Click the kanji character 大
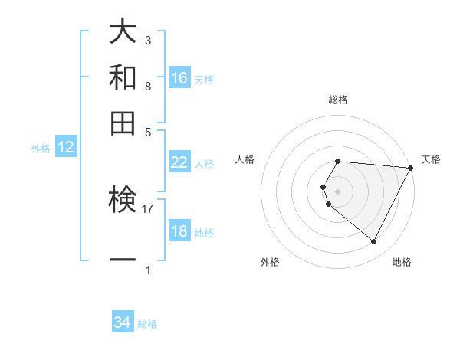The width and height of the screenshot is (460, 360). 123,32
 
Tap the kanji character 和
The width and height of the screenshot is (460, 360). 123,77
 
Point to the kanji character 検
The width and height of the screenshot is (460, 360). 123,201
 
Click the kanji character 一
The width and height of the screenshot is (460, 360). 123,260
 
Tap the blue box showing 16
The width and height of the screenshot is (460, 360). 179,77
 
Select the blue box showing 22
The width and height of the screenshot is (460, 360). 179,162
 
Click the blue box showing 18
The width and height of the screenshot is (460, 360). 179,231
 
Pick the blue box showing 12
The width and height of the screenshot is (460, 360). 66,148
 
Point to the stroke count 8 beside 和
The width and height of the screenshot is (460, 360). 148,87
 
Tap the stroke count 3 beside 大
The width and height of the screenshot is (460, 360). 148,40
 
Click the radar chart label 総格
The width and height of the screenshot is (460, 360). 338,100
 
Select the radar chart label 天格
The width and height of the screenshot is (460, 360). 432,159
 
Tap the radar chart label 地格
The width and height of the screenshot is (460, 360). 402,262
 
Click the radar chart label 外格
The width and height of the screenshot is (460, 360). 270,262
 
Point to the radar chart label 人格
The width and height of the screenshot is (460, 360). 245,159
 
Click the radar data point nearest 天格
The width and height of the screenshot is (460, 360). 411,168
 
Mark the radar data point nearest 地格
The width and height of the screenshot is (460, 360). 373,242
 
